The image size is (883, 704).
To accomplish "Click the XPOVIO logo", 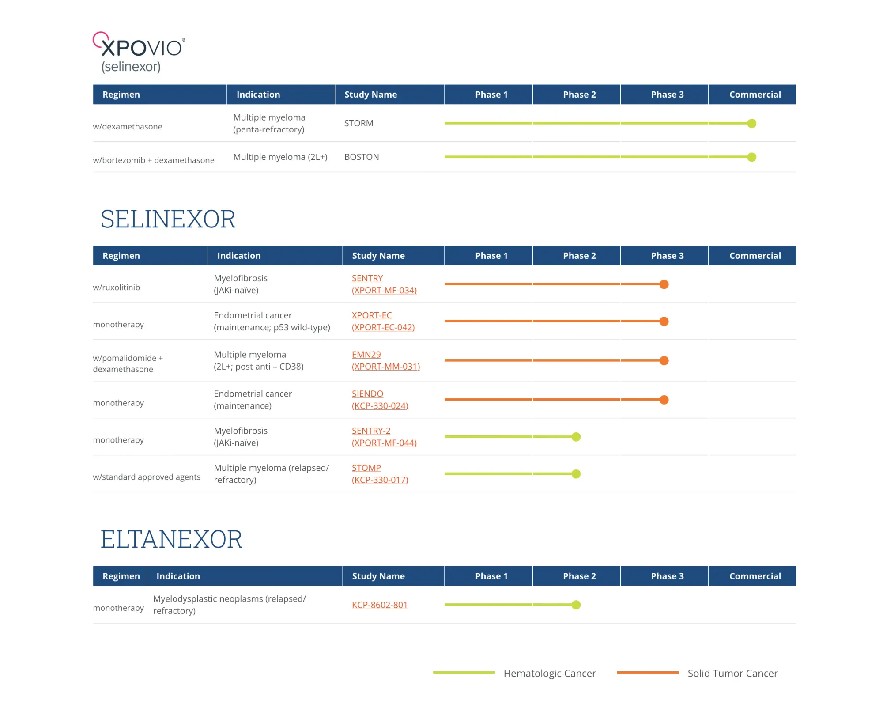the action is [x=139, y=52].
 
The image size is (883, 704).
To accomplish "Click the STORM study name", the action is [x=358, y=123].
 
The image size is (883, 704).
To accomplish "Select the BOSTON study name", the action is [x=362, y=157].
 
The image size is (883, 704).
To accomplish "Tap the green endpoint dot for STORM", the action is [x=751, y=123].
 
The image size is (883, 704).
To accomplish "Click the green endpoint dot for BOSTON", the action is [x=751, y=157].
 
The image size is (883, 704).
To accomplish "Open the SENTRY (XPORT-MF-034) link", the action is [x=384, y=284].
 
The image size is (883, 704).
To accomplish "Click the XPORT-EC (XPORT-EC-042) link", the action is [x=383, y=321].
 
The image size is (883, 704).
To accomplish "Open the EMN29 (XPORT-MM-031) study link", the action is [x=385, y=360].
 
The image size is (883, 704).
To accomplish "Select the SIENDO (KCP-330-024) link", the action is [x=380, y=400].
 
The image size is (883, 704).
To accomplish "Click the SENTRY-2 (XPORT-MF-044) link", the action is [x=384, y=437].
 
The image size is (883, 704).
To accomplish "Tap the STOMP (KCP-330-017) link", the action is [x=380, y=474].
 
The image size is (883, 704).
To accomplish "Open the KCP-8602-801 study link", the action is [x=380, y=605].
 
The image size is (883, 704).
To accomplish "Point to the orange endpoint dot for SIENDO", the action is [x=664, y=400].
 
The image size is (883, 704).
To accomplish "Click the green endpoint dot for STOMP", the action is [x=576, y=474].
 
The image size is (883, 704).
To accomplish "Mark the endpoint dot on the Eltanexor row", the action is [x=576, y=605].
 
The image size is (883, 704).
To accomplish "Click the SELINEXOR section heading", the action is [x=168, y=219].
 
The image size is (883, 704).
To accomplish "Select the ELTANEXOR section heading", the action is [x=171, y=539].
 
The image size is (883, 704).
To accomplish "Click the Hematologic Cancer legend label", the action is [x=550, y=673].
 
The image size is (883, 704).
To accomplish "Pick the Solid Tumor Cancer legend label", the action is [x=732, y=673].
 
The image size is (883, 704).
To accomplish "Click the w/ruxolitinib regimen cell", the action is [x=116, y=288].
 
